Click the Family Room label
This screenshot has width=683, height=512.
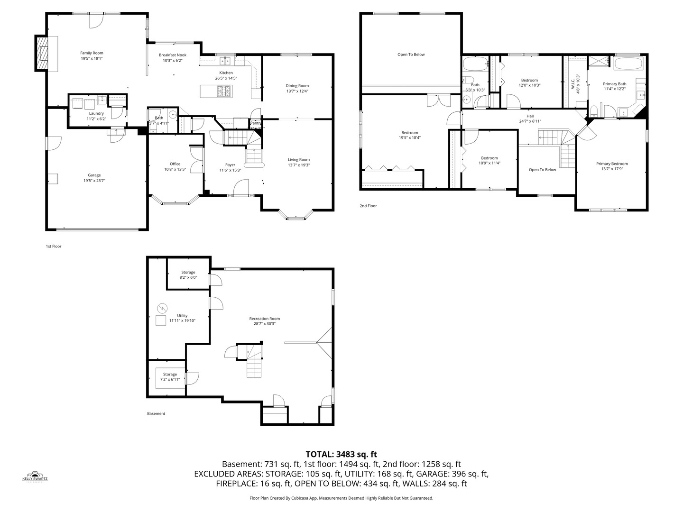(92, 53)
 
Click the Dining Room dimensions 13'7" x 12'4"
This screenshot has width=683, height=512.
(297, 91)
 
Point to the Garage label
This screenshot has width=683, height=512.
(94, 175)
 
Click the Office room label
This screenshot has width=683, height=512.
(175, 164)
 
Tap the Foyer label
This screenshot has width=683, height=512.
(230, 165)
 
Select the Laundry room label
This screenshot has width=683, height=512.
(96, 113)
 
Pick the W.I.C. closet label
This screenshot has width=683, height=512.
(573, 82)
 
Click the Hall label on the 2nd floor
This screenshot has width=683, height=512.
(530, 116)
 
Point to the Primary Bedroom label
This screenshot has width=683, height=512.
(612, 164)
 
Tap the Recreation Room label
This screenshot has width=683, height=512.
(265, 319)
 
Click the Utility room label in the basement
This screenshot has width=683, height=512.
(182, 316)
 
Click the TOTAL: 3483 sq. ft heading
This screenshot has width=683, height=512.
(341, 454)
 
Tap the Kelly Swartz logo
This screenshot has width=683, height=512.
(35, 476)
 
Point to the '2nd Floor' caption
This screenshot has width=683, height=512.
(368, 206)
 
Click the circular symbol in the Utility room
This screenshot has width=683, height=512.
(162, 308)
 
